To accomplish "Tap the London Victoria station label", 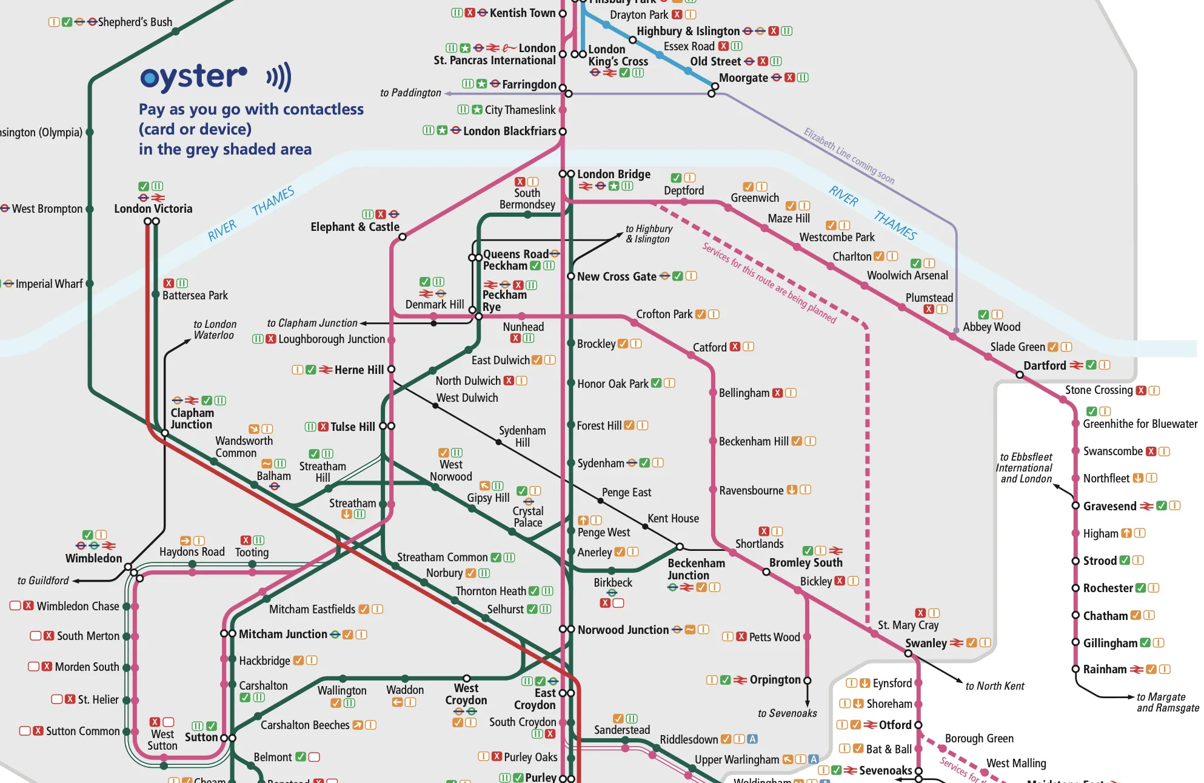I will point(153,208).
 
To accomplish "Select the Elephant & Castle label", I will point(355,227).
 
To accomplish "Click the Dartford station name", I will point(1044,365).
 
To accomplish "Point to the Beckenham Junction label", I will point(696,569).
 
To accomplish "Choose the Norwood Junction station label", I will point(623,630).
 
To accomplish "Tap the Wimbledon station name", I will point(93,558).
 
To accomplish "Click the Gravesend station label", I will point(1109,506).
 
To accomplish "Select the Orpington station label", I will point(775,679).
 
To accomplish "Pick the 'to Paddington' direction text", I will point(410,93).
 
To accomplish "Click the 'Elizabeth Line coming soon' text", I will point(849,156).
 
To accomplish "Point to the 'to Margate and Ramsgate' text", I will point(1167,702).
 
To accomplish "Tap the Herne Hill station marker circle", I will point(391,369).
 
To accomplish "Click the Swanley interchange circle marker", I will point(908,653).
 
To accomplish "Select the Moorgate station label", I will point(743,78).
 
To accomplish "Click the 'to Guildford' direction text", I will point(43,581).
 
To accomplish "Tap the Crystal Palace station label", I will point(527,516).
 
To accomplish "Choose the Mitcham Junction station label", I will point(283,634).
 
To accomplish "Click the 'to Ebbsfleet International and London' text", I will point(1025,468).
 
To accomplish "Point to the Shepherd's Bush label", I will point(135,22).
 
